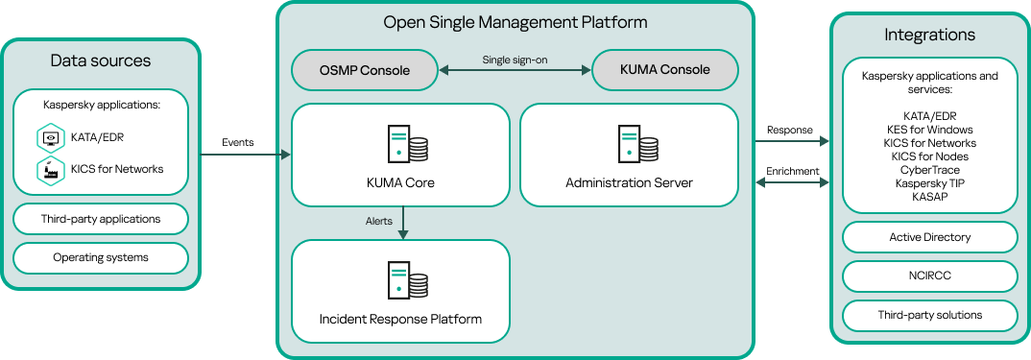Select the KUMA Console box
(x=665, y=70)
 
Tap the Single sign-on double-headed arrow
(x=515, y=70)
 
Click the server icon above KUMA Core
(x=406, y=143)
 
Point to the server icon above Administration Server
(x=637, y=143)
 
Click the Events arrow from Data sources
(x=245, y=154)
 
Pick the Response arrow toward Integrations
(x=791, y=141)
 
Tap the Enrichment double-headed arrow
(x=791, y=182)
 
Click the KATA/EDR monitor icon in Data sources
(x=50, y=138)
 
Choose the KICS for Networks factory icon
(x=50, y=170)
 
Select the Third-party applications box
(x=101, y=219)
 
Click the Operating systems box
(x=101, y=257)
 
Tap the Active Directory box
(x=929, y=237)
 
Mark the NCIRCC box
(x=929, y=276)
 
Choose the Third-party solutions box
(x=929, y=315)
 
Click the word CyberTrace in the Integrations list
(x=929, y=169)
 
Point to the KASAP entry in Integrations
(x=929, y=196)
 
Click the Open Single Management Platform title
(x=515, y=22)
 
